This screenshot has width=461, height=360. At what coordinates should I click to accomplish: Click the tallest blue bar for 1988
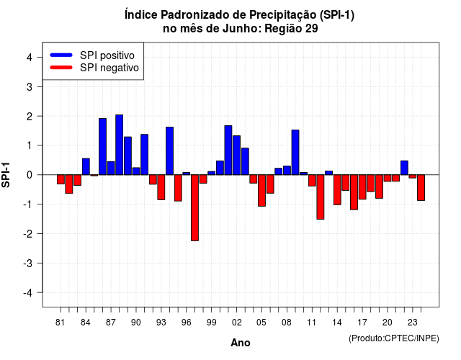(120, 145)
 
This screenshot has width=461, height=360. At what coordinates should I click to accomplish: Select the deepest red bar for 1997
(194, 208)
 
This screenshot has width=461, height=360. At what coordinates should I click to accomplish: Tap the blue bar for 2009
(295, 152)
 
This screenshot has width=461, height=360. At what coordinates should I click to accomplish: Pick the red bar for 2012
(321, 197)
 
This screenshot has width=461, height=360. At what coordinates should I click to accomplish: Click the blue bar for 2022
(404, 168)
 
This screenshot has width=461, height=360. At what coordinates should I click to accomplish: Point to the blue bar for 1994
(170, 150)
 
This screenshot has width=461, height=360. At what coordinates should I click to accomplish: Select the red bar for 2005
(261, 190)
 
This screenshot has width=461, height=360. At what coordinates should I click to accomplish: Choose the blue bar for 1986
(102, 147)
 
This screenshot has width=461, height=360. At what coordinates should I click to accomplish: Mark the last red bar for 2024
(421, 187)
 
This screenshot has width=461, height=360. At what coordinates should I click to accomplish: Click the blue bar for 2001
(228, 150)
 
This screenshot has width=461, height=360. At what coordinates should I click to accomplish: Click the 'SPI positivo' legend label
(107, 55)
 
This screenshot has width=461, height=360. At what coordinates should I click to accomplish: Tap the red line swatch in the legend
(61, 68)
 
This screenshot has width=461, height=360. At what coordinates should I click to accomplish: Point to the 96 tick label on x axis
(186, 323)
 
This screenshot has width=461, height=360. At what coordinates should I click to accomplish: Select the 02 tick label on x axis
(237, 323)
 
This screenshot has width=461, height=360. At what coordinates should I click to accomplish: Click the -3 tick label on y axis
(29, 263)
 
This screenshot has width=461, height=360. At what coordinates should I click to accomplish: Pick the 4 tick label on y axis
(30, 58)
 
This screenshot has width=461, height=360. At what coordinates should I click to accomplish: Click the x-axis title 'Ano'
(241, 343)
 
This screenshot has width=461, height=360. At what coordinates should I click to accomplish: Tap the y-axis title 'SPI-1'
(6, 175)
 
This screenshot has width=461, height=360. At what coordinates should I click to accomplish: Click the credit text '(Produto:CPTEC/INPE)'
(394, 338)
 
